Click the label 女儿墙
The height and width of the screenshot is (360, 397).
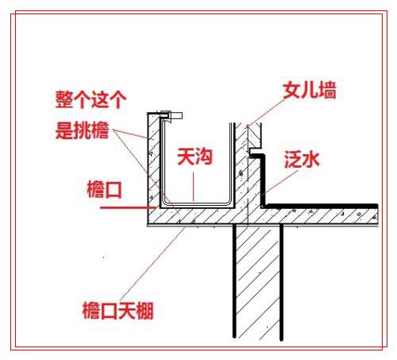(310, 91)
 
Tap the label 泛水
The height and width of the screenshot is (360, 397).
(302, 159)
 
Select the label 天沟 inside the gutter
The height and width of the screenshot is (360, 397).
(195, 157)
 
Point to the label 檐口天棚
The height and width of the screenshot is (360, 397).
(118, 310)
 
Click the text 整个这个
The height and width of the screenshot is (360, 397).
(91, 99)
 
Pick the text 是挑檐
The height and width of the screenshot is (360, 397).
(82, 130)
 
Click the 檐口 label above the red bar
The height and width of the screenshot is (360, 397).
(104, 189)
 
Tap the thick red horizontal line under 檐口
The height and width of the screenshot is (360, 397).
(127, 207)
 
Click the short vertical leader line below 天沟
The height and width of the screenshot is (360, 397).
(194, 187)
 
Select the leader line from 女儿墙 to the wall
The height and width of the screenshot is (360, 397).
(266, 112)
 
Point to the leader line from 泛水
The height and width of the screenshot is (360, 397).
(280, 183)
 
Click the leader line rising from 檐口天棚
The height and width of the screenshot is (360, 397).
(152, 264)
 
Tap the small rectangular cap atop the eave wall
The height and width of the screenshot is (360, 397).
(172, 115)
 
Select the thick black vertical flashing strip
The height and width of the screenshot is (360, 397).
(263, 181)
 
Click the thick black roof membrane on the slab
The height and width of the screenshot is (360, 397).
(321, 206)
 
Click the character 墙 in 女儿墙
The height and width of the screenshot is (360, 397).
(328, 91)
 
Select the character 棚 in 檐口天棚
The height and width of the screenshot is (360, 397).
(145, 310)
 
